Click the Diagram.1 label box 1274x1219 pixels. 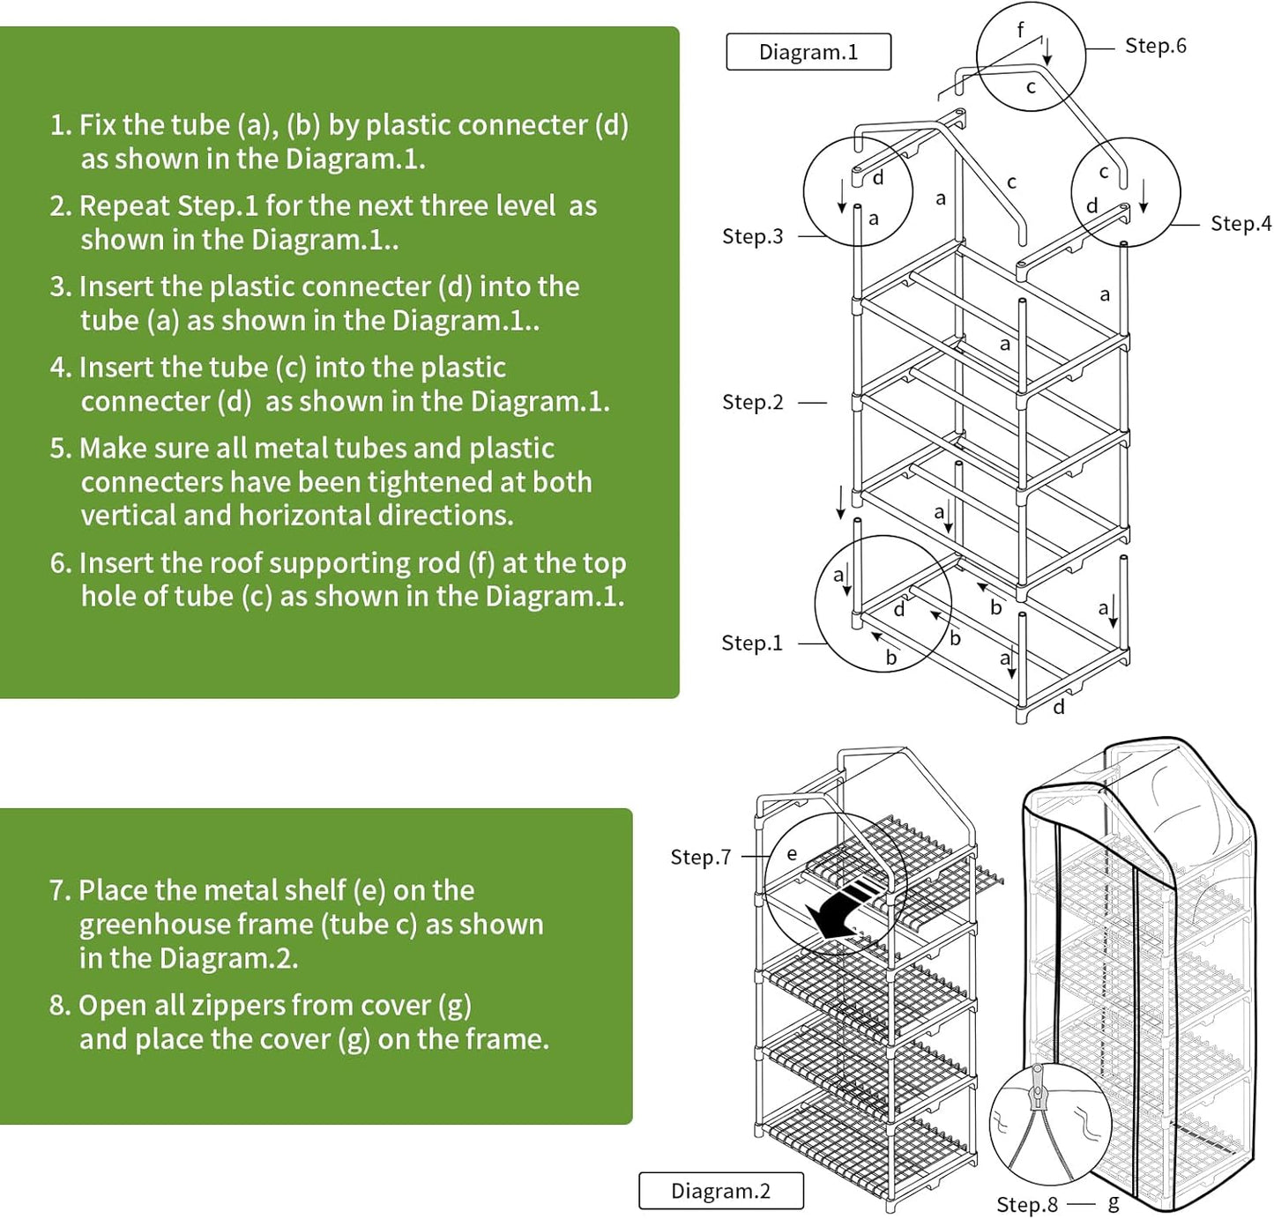point(808,52)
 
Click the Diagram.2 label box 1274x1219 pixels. point(720,1191)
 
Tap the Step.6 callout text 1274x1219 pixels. point(1155,46)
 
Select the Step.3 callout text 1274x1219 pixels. point(752,236)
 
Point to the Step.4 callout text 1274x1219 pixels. point(1240,224)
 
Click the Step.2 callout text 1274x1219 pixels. point(752,402)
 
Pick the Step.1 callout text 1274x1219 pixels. point(751,643)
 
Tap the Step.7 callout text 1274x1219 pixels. point(700,857)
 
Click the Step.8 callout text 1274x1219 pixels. point(1026,1205)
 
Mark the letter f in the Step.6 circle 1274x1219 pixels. point(1020,29)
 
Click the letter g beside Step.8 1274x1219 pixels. point(1114,1203)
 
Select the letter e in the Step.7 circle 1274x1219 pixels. point(792,853)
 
